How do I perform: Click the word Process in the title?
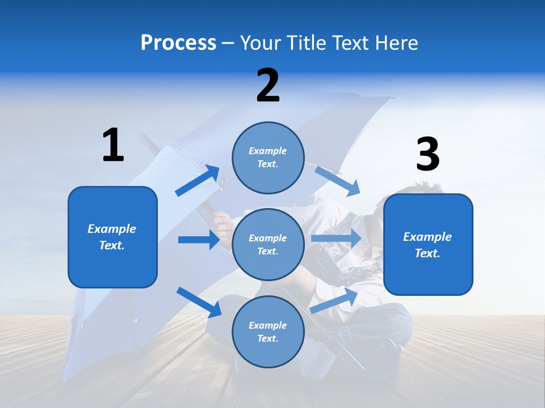(178, 43)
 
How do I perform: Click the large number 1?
(113, 145)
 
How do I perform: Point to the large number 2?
(268, 86)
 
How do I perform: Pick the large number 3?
(427, 154)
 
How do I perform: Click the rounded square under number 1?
(112, 237)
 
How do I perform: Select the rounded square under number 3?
(428, 245)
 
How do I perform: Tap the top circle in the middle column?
(268, 158)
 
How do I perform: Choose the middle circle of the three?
(268, 244)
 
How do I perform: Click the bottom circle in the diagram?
(268, 331)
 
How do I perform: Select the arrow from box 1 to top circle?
(198, 181)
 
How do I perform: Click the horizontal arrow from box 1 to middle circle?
(199, 240)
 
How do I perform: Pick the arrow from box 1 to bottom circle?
(199, 302)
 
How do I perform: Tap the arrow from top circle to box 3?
(338, 181)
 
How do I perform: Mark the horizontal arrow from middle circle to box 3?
(336, 238)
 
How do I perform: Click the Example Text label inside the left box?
(112, 237)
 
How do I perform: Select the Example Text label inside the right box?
(427, 245)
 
